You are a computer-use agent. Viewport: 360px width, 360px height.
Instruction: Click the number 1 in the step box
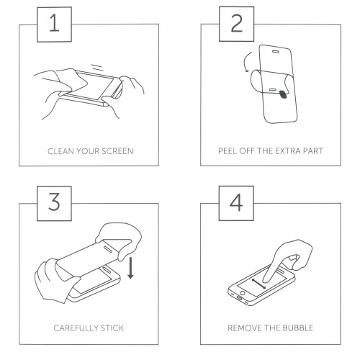[x=54, y=23]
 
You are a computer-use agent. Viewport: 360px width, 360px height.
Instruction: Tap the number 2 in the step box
[x=237, y=23]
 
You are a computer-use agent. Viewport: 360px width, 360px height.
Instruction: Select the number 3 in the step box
[x=54, y=202]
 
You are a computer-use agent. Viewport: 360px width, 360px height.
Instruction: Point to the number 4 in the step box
[x=236, y=202]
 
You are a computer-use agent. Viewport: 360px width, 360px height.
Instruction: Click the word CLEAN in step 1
[x=60, y=151]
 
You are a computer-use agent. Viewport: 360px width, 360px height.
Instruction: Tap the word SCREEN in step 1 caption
[x=117, y=151]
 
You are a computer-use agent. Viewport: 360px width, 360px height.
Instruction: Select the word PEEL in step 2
[x=228, y=151]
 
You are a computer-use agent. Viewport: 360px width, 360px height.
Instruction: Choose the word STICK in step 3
[x=112, y=328]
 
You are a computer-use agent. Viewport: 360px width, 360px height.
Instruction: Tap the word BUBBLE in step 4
[x=298, y=328]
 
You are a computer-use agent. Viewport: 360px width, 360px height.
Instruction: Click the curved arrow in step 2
[x=244, y=62]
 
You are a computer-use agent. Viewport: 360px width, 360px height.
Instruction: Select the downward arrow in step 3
[x=130, y=268]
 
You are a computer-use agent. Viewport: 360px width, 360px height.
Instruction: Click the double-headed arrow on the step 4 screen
[x=258, y=284]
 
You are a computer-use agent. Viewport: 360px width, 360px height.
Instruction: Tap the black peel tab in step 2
[x=284, y=94]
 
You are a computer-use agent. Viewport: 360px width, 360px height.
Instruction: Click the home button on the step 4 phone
[x=243, y=293]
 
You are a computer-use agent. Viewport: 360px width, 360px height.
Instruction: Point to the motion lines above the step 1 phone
[x=97, y=68]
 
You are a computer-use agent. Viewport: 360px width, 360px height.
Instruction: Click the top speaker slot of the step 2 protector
[x=276, y=51]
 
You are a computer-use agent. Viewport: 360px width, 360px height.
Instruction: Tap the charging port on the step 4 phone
[x=240, y=298]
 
